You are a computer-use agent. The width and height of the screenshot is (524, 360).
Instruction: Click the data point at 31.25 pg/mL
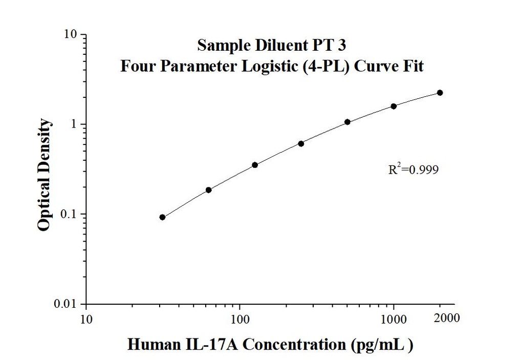[162, 217]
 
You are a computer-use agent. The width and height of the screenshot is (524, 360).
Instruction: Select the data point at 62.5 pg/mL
[209, 190]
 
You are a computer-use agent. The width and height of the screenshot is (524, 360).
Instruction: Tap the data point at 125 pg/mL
[255, 165]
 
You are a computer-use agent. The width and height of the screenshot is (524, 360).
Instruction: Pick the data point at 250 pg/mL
[301, 143]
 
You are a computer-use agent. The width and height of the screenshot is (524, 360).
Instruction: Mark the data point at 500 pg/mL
[347, 122]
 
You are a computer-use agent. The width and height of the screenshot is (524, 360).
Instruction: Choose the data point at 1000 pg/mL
[394, 106]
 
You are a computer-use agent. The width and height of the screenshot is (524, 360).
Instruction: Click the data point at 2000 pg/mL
[440, 93]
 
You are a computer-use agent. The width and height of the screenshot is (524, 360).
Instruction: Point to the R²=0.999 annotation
[413, 170]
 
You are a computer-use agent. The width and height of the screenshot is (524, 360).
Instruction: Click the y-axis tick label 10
[71, 35]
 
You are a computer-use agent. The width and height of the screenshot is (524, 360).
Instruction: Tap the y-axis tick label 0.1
[69, 215]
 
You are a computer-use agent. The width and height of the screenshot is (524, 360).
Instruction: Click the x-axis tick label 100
[240, 320]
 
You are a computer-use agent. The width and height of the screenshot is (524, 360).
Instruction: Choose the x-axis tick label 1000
[394, 320]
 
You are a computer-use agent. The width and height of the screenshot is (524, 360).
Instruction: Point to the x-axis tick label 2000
[447, 318]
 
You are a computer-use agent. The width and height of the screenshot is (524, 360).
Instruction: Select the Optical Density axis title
[45, 175]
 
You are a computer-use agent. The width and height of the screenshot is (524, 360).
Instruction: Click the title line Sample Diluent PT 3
[272, 46]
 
